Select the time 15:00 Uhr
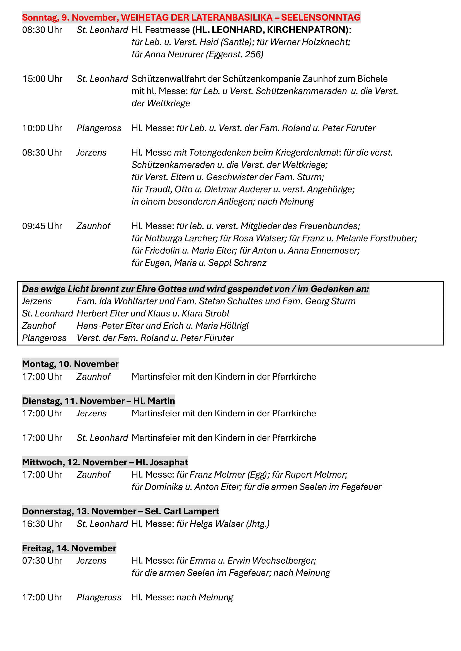pos(42,79)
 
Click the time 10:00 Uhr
pos(42,128)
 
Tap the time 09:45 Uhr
pos(42,226)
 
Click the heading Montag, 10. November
pos(70,364)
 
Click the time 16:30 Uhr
pos(42,524)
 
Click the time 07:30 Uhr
pos(42,561)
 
